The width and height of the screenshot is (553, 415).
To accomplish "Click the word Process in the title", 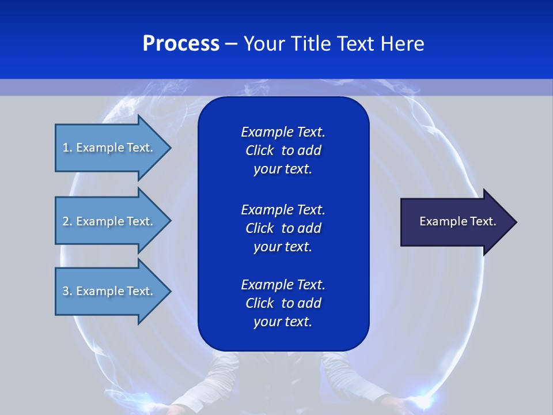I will click(x=181, y=44).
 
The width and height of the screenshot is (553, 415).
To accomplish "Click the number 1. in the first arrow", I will click(x=67, y=148).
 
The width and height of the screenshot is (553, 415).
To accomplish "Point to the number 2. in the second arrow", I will click(x=67, y=221).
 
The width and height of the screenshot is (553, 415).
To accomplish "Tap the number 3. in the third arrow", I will click(x=67, y=291).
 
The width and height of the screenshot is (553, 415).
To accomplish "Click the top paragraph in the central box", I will click(x=283, y=150).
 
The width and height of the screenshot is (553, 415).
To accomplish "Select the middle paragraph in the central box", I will click(x=283, y=228).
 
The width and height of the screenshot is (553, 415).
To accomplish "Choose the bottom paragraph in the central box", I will click(x=283, y=303).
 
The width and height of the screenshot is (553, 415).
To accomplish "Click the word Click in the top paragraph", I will click(x=259, y=150).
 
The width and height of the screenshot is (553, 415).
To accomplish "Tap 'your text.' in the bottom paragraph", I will click(x=283, y=322).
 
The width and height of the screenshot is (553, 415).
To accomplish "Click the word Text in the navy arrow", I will click(x=483, y=221).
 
